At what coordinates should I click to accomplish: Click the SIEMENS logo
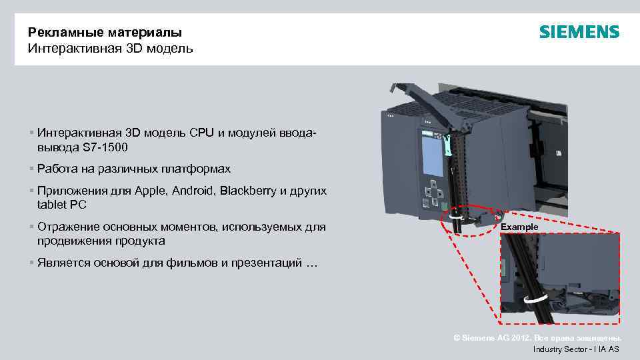579,32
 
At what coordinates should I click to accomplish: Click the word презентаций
265,263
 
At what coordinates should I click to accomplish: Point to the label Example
519,227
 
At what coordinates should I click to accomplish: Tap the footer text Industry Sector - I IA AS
576,349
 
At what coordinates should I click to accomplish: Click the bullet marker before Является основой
31,263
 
